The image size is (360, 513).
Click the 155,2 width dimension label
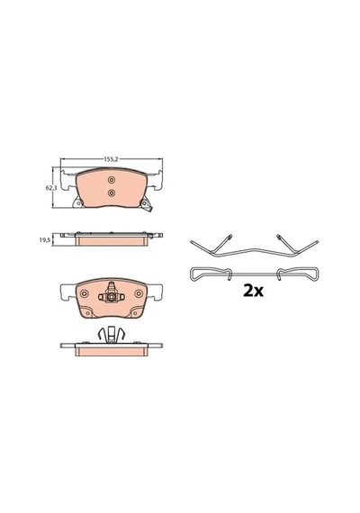point(111,159)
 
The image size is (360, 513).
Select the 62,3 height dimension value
point(50,188)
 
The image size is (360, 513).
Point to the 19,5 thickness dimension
point(44,239)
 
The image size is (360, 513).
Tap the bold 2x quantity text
point(253,291)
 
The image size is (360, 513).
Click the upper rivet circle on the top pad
point(112,180)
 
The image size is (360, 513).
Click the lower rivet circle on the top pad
point(112,193)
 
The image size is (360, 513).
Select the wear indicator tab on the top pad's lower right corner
point(146,206)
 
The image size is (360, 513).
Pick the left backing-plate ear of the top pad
point(68,180)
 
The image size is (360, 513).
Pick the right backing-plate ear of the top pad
point(155,180)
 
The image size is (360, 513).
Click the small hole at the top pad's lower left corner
point(78,203)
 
